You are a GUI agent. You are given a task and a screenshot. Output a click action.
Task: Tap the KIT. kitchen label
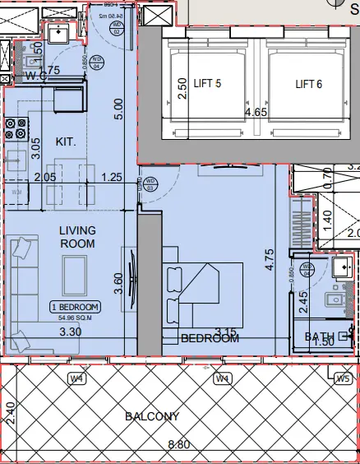point(66,142)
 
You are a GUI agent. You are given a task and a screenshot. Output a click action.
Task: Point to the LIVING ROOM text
point(76,237)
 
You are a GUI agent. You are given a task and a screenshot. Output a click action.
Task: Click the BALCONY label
point(152,416)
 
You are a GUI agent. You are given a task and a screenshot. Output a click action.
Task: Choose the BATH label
point(317,336)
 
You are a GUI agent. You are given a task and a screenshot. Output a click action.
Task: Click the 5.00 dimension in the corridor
point(119,109)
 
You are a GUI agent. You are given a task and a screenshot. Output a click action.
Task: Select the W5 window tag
point(344,379)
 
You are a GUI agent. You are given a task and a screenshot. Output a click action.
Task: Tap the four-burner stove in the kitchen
point(16,128)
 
